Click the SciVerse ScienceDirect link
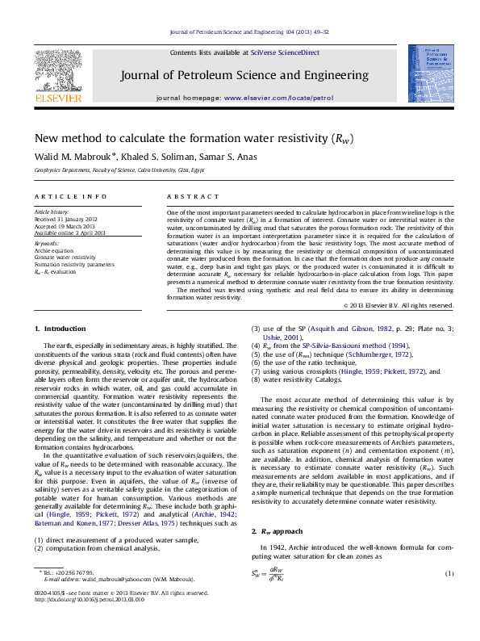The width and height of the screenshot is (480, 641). (285, 52)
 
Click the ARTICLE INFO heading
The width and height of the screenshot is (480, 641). (71, 197)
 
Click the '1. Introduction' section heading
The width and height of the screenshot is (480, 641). (60, 329)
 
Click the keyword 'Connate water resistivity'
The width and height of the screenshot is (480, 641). (65, 257)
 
